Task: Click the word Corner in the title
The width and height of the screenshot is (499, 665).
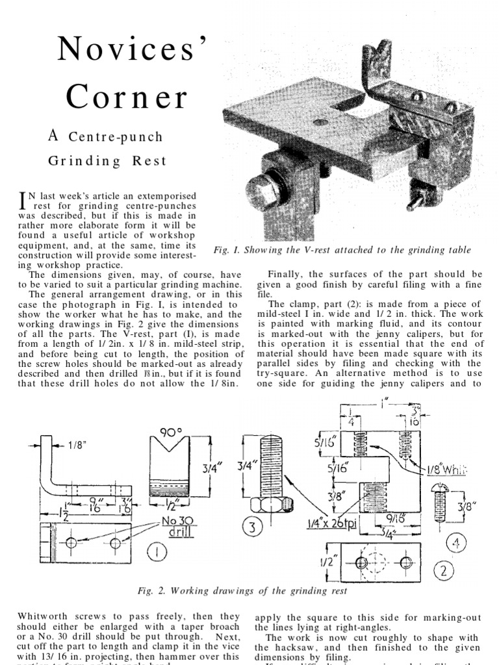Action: [126, 97]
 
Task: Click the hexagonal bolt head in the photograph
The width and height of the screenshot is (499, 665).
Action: [263, 190]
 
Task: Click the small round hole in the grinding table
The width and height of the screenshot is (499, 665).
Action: [320, 121]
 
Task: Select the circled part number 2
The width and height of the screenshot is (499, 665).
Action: [444, 571]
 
